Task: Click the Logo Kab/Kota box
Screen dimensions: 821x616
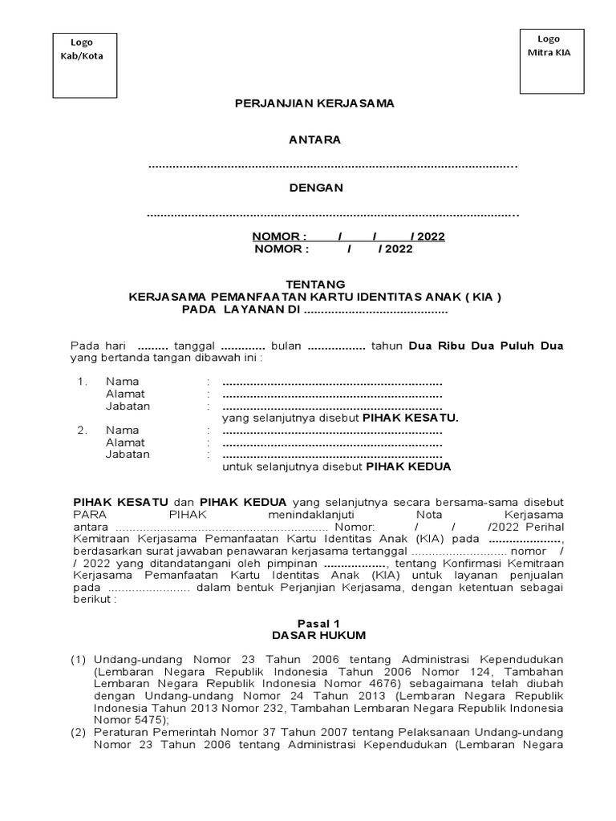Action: tap(82, 65)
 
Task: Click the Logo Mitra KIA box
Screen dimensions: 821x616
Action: tap(549, 60)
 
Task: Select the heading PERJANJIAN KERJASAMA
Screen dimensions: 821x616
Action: tap(314, 103)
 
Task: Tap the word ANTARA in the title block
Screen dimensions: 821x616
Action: tap(314, 140)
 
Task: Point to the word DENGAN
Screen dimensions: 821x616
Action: tap(315, 188)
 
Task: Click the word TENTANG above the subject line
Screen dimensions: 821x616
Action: tap(315, 284)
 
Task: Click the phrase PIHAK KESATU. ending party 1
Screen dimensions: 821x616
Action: tap(411, 418)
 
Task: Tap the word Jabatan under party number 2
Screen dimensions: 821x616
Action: tap(128, 454)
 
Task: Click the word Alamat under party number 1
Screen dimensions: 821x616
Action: tap(125, 394)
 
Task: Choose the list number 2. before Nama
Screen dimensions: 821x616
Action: tap(83, 430)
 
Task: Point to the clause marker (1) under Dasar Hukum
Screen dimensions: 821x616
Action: tap(78, 659)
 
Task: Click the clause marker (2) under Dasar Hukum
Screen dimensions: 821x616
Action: tap(78, 733)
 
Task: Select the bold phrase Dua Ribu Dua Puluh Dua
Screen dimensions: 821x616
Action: tap(486, 346)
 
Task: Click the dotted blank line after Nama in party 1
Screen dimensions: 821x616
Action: tap(332, 382)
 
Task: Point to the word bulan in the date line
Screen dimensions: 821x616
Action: tap(286, 346)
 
